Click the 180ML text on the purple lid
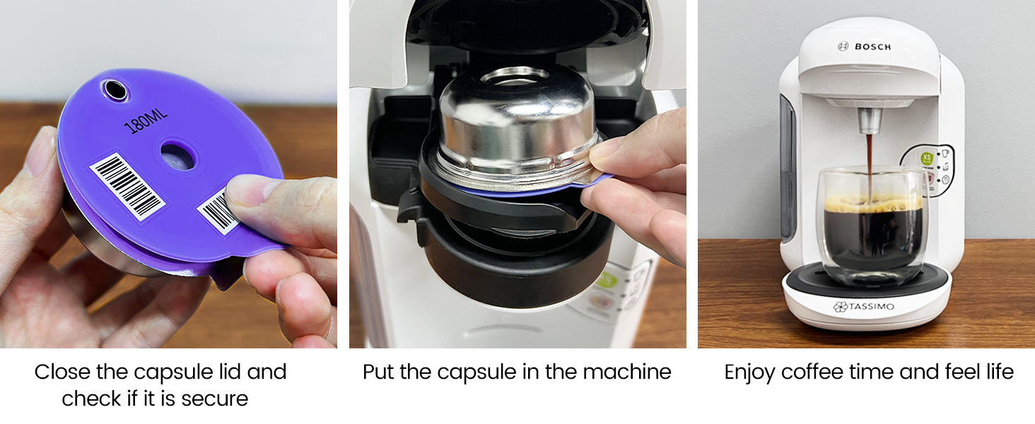click(x=146, y=119)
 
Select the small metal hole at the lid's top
click(x=115, y=90)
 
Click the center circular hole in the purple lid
click(x=177, y=156)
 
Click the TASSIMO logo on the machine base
click(x=863, y=306)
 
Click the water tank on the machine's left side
click(x=787, y=166)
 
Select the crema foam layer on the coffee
click(x=873, y=204)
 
